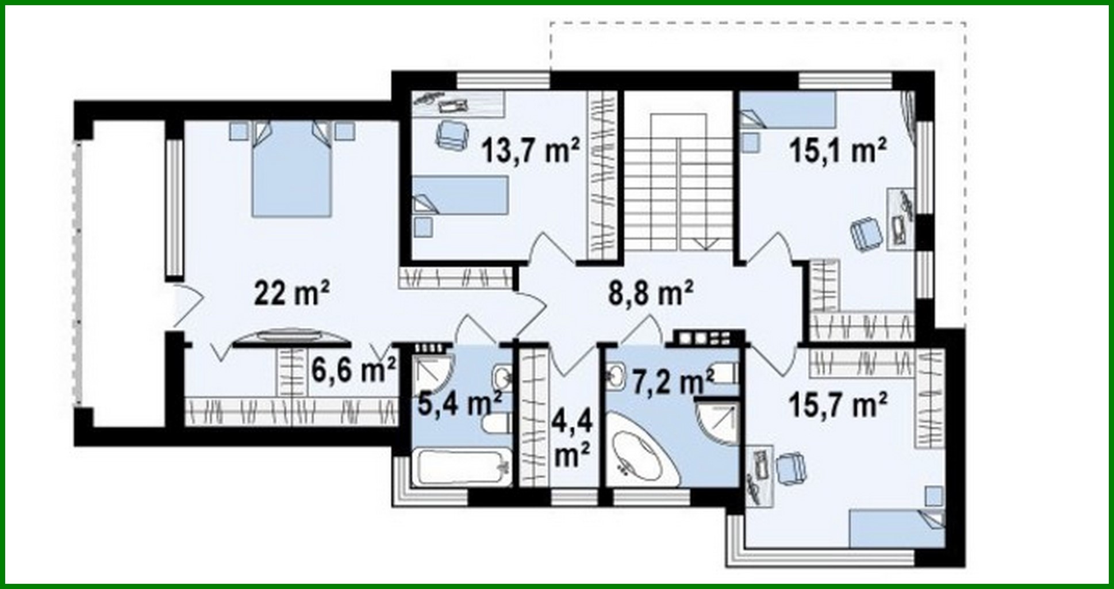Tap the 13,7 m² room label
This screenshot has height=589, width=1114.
[x=530, y=151]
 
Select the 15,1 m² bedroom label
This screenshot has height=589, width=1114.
[x=837, y=151]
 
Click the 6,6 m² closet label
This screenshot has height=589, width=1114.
[x=353, y=370]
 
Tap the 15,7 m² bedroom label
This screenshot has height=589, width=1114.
[x=838, y=406]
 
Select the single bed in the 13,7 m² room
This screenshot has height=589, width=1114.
[x=460, y=196]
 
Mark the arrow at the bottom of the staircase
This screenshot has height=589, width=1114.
[x=706, y=243]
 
